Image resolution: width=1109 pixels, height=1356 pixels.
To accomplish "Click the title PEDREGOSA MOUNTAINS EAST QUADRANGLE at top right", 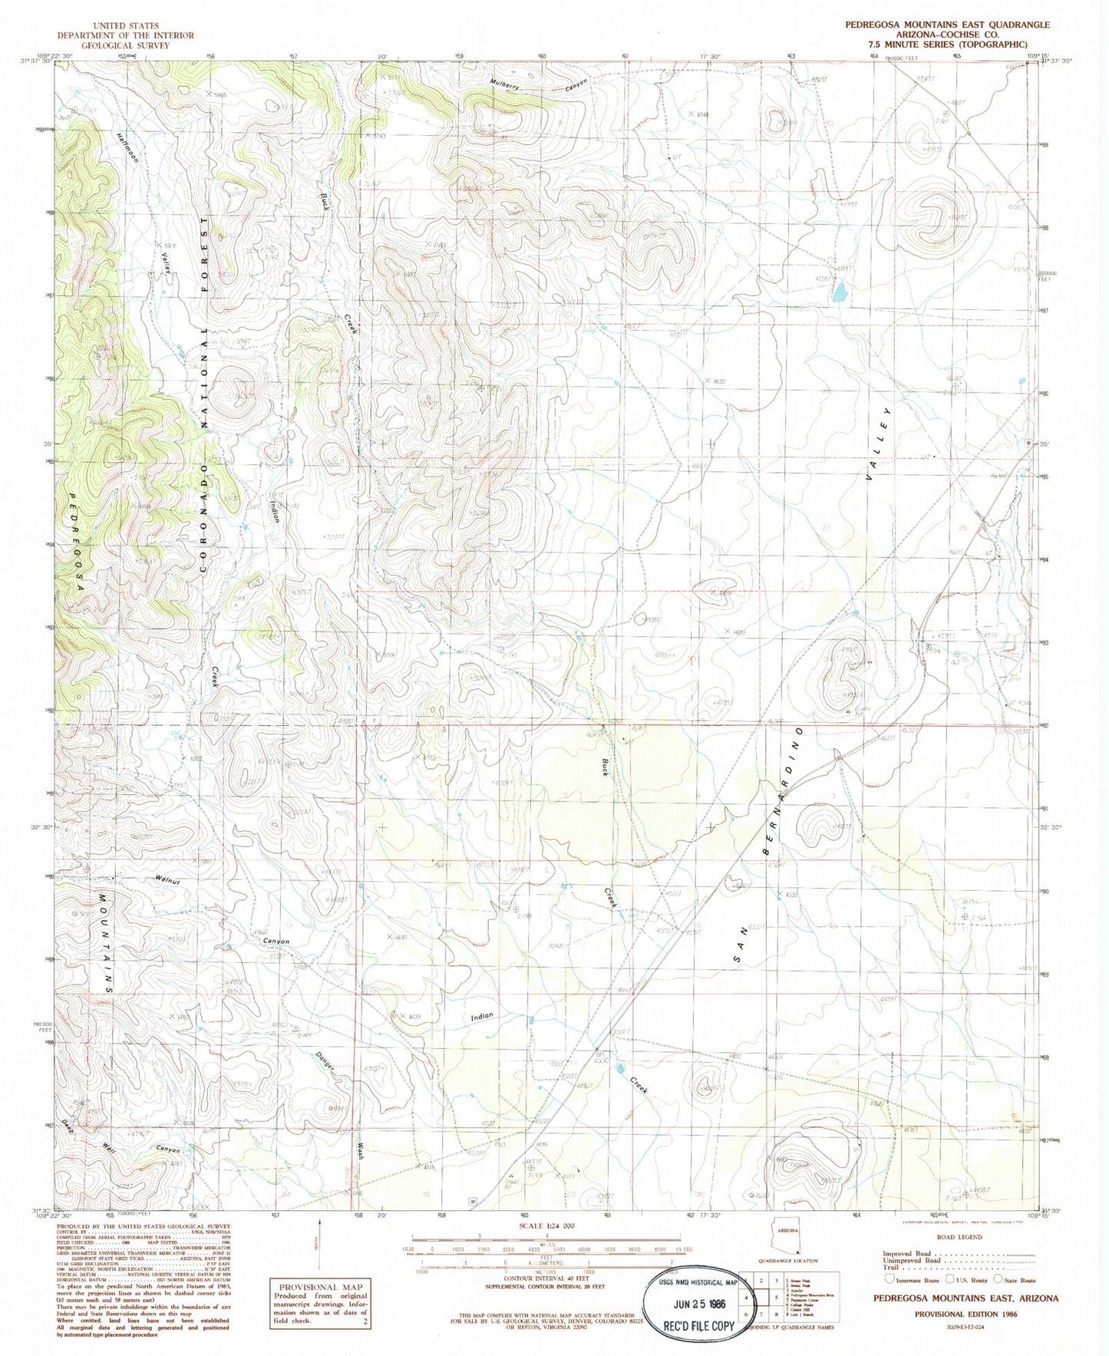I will (947, 25).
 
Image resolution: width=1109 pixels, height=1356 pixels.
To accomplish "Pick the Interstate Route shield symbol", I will (889, 1279).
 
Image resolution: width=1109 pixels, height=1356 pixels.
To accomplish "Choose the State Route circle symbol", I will (998, 1279).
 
